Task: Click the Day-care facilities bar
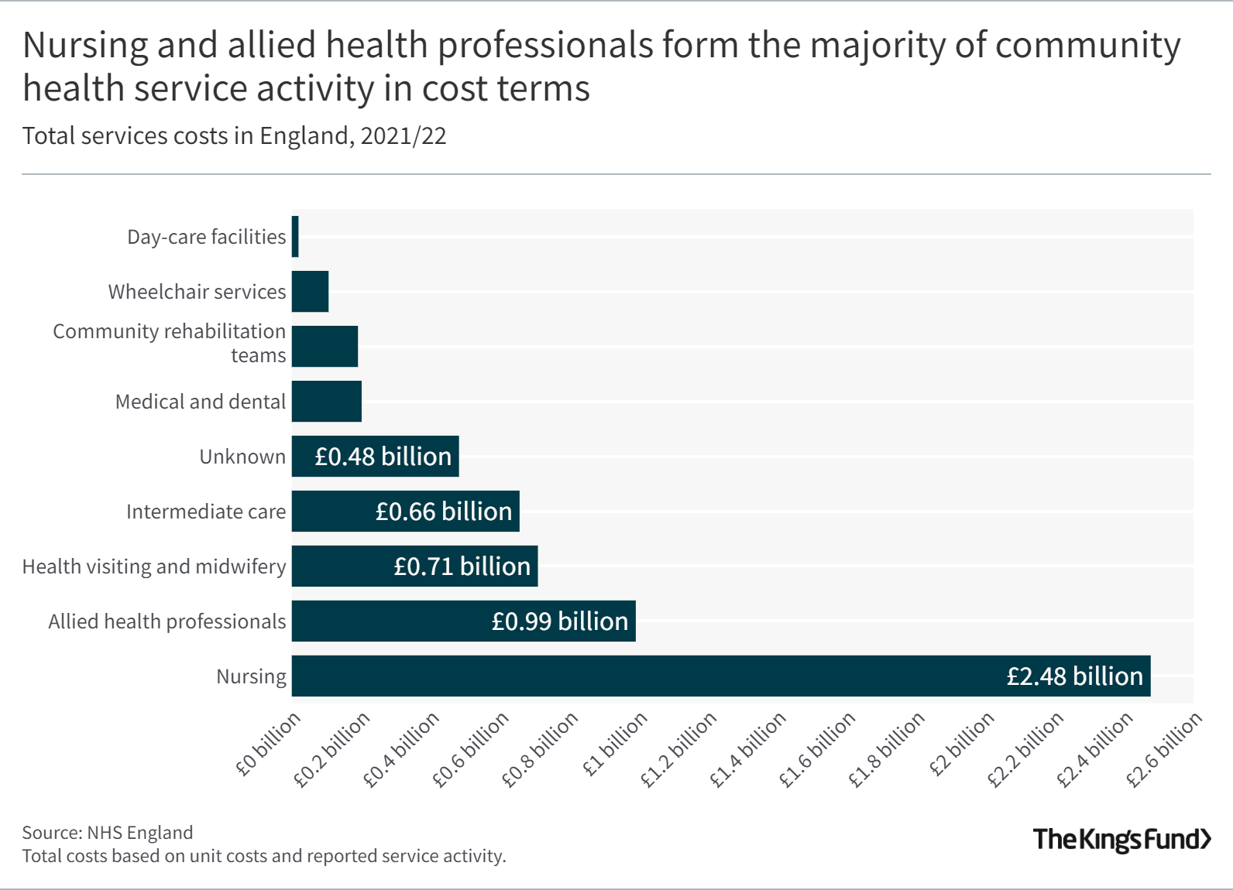pyautogui.click(x=295, y=237)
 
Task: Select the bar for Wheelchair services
pyautogui.click(x=310, y=292)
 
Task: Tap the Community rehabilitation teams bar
pyautogui.click(x=325, y=347)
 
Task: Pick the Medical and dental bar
pyautogui.click(x=326, y=402)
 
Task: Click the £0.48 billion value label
pyautogui.click(x=383, y=457)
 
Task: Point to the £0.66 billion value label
pyautogui.click(x=444, y=512)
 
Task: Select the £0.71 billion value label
pyautogui.click(x=462, y=567)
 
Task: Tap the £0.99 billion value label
pyautogui.click(x=559, y=621)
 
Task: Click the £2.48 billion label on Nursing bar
pyautogui.click(x=1074, y=676)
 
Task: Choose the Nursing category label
pyautogui.click(x=251, y=676)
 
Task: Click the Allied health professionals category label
pyautogui.click(x=167, y=621)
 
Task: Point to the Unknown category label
pyautogui.click(x=242, y=457)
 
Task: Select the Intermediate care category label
pyautogui.click(x=206, y=512)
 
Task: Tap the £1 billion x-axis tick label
pyautogui.click(x=616, y=745)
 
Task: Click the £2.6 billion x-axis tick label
pyautogui.click(x=1164, y=749)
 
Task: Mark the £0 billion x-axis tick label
pyautogui.click(x=268, y=745)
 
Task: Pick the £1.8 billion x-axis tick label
pyautogui.click(x=887, y=749)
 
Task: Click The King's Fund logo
pyautogui.click(x=1121, y=840)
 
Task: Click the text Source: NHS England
pyautogui.click(x=108, y=833)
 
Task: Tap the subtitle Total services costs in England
pyautogui.click(x=234, y=136)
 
